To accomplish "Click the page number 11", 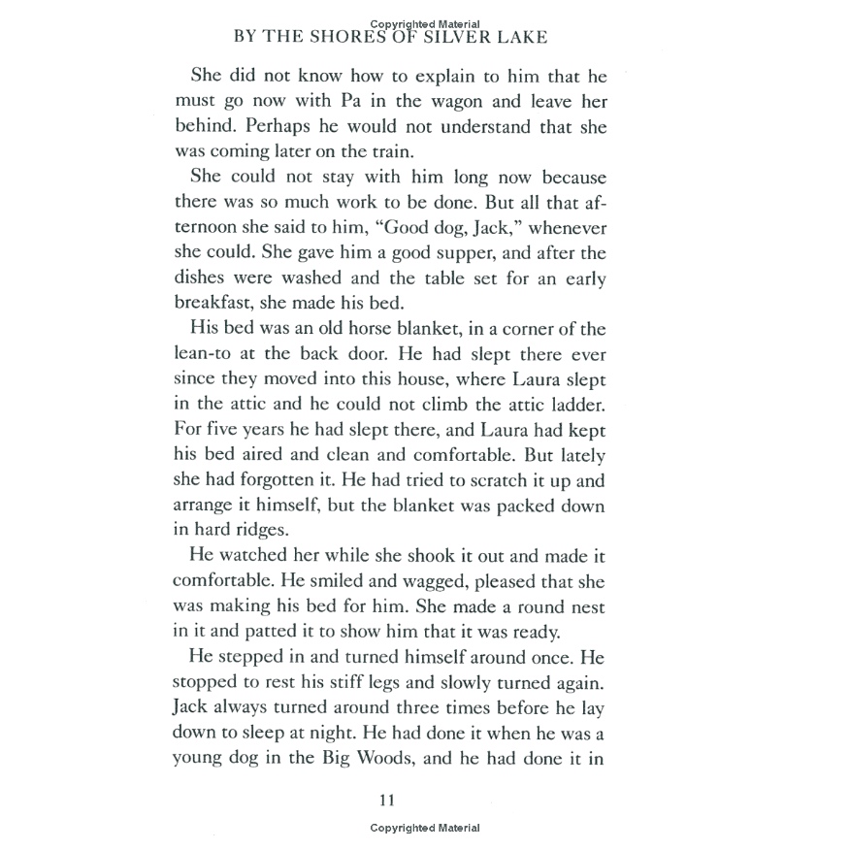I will (x=386, y=801).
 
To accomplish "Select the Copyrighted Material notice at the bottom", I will (x=424, y=828).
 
